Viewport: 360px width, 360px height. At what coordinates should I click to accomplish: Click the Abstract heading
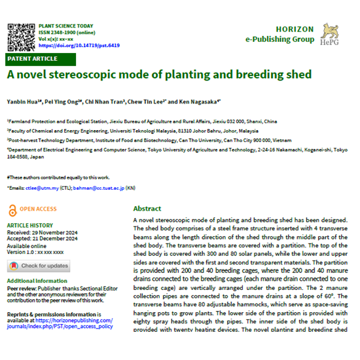point(147,208)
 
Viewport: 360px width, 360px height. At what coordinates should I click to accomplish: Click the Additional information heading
point(37,281)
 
